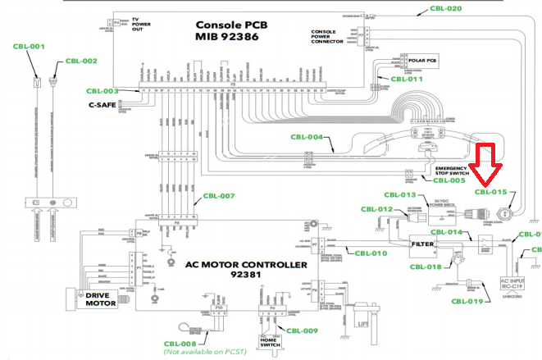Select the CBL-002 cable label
pyautogui.click(x=81, y=61)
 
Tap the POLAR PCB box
pyautogui.click(x=419, y=61)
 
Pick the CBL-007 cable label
pyautogui.click(x=219, y=196)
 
